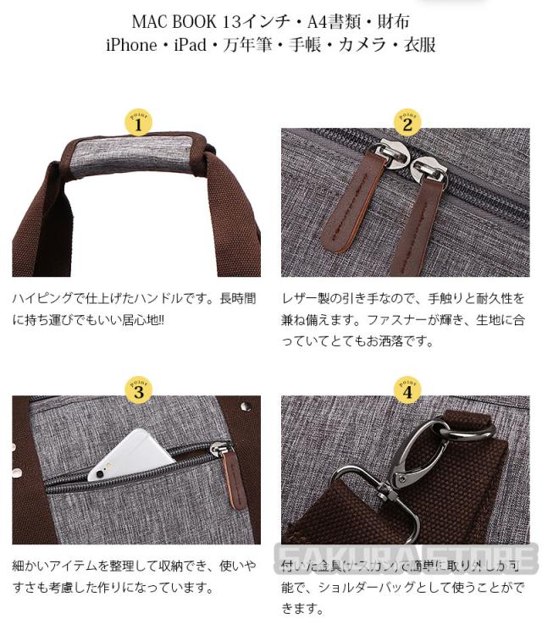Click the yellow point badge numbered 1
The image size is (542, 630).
pyautogui.click(x=138, y=124)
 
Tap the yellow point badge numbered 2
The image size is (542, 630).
pyautogui.click(x=406, y=124)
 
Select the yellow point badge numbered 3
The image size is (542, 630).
pyautogui.click(x=138, y=390)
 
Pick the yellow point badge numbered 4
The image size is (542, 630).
pyautogui.click(x=406, y=390)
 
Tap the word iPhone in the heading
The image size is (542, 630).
pyautogui.click(x=130, y=45)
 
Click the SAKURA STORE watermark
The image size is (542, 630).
pyautogui.click(x=406, y=559)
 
